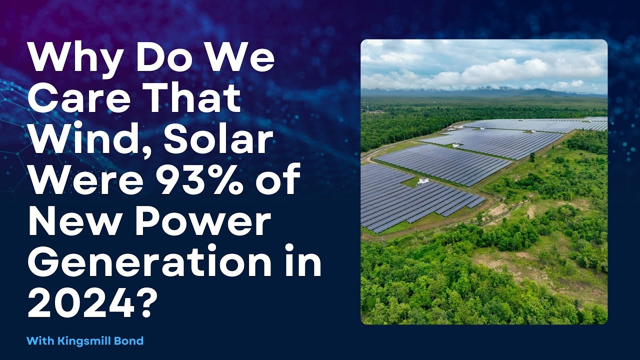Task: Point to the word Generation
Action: [149, 262]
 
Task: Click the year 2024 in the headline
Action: [81, 303]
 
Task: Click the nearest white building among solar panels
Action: [423, 181]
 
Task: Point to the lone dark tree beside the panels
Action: [531, 157]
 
